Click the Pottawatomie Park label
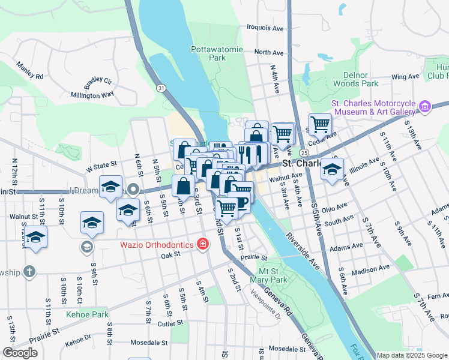(208, 53)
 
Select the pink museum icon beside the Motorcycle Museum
(425, 107)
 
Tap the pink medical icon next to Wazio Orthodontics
(203, 244)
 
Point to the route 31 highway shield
(161, 88)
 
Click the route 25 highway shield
(305, 154)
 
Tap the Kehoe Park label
(88, 314)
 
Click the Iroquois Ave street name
(265, 28)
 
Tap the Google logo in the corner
(20, 353)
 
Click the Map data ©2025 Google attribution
(412, 355)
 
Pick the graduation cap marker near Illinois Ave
(332, 170)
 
